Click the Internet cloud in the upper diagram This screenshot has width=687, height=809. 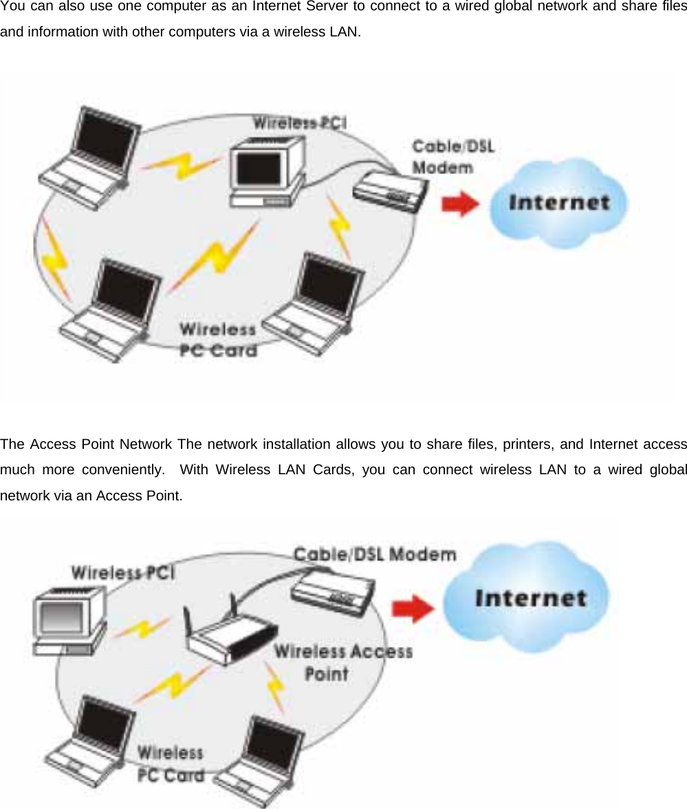(558, 202)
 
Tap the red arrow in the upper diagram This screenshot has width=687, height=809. (459, 204)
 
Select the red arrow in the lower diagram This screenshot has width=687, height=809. (413, 608)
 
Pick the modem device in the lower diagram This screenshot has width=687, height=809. (334, 590)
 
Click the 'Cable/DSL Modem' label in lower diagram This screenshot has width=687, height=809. (375, 553)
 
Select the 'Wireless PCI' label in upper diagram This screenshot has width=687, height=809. (300, 123)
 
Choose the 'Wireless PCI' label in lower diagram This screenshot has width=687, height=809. (122, 572)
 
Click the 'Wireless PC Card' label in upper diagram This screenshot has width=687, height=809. (217, 340)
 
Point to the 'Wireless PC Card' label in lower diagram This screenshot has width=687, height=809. (171, 764)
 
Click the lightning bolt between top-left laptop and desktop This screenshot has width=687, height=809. (182, 164)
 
